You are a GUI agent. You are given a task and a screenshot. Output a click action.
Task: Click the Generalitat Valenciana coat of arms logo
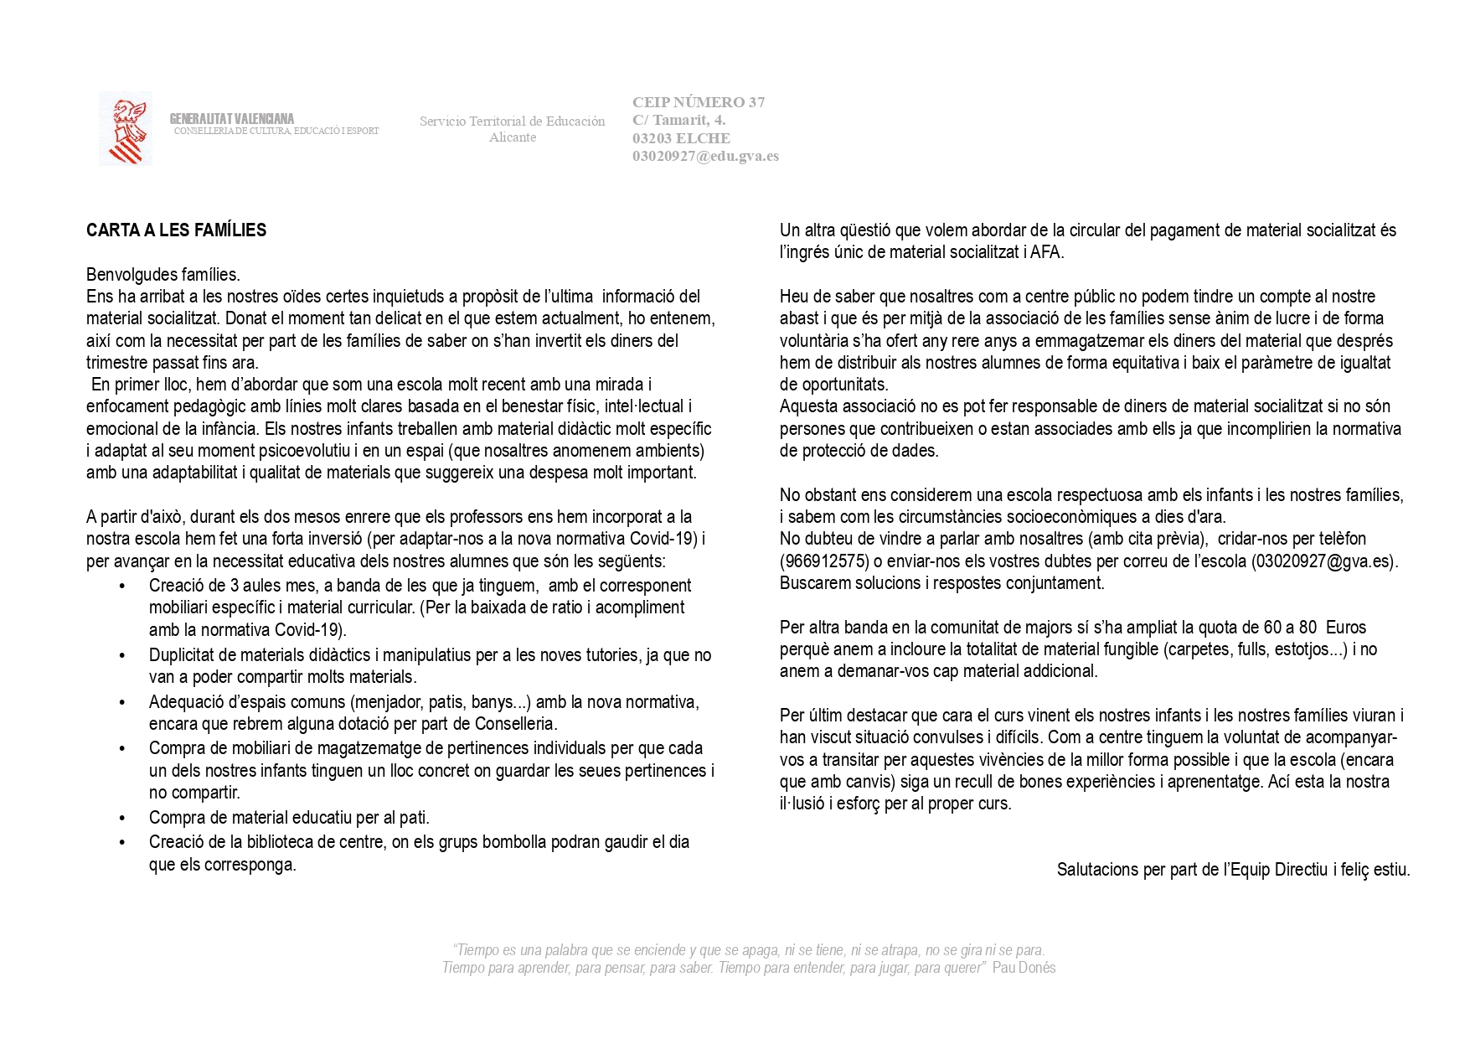pos(126,128)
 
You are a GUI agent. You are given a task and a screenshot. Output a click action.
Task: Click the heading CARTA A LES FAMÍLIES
pos(176,230)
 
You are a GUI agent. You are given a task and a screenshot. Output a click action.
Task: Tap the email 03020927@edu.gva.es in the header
pos(705,156)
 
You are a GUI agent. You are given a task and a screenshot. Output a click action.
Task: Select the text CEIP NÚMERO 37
pos(699,102)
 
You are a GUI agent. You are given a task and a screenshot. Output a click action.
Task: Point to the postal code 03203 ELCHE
pos(681,138)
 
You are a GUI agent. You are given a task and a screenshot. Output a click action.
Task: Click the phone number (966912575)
pos(823,561)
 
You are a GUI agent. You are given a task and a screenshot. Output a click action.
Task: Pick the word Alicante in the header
pos(513,137)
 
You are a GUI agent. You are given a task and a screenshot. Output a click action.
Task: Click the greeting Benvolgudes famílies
pos(163,275)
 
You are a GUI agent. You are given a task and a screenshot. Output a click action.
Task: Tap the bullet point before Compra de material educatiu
pos(123,818)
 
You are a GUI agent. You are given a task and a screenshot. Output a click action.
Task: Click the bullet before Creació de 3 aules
pos(123,587)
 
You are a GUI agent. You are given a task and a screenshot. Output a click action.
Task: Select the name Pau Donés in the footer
pos(1024,968)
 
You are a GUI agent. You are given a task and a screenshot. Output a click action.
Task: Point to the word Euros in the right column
pos(1346,628)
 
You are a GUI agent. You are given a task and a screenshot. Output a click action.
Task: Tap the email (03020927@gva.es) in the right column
pos(1324,561)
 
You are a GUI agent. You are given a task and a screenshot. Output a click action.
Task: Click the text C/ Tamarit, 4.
pos(678,121)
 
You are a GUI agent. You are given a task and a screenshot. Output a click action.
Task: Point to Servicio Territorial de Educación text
pos(512,121)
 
